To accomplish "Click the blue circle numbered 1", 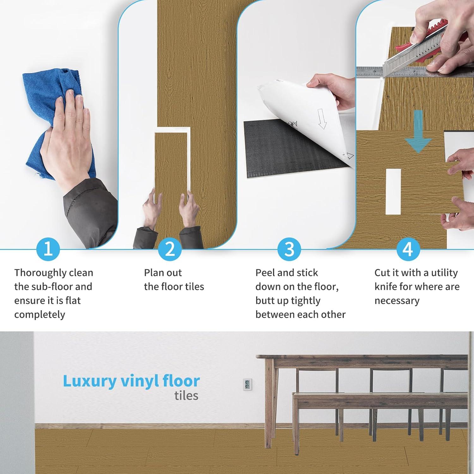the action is point(48,249).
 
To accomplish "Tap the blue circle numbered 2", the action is point(170,249).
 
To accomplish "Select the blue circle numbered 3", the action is point(289,249).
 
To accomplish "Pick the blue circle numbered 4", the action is point(408,249).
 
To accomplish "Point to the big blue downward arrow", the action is point(418,131).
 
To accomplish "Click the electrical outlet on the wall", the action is point(248,384).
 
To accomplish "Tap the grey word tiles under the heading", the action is point(186,396).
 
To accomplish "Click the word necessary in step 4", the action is point(397,301).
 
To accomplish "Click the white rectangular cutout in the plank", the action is point(393,191).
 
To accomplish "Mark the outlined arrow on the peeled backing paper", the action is point(322,119).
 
